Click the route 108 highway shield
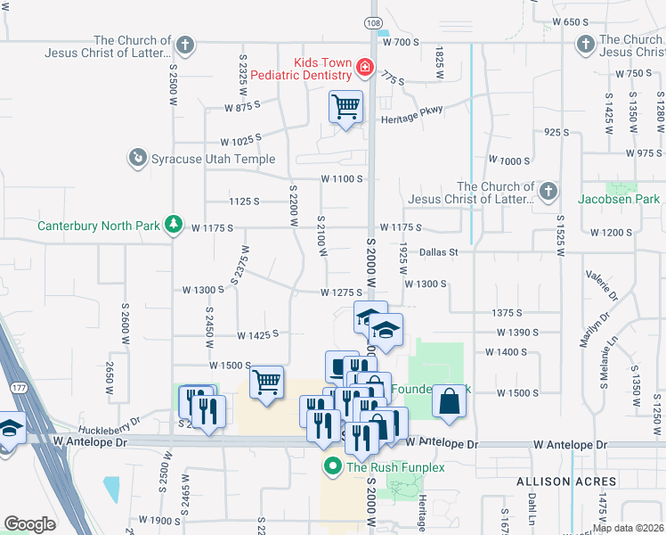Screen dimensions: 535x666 click(x=375, y=21)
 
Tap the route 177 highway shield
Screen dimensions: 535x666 click(x=19, y=388)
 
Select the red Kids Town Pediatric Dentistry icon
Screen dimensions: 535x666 click(x=363, y=67)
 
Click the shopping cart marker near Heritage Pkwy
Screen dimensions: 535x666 click(x=345, y=108)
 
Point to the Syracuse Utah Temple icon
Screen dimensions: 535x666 click(x=137, y=159)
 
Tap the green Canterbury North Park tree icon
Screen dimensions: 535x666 click(x=176, y=223)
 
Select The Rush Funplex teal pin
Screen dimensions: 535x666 click(x=333, y=466)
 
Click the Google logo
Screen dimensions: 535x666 click(x=29, y=524)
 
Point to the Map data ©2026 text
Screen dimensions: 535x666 click(x=628, y=528)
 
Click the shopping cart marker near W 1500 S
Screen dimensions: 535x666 click(x=266, y=383)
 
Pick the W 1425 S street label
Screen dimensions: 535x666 click(x=258, y=334)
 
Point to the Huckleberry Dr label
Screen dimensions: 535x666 click(x=110, y=418)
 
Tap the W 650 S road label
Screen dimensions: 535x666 click(x=573, y=21)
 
